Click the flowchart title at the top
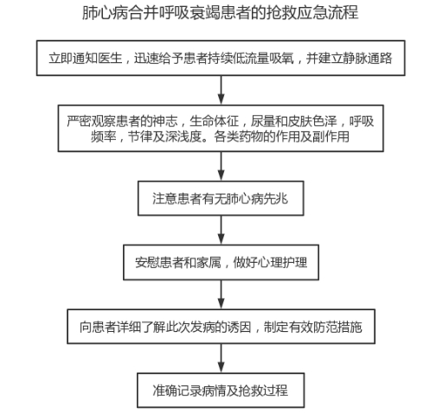pos(221,13)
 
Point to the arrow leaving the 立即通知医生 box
pos(221,90)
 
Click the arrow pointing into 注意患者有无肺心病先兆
pos(221,166)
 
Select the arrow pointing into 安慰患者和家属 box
pos(221,230)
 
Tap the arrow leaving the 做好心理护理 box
pos(221,295)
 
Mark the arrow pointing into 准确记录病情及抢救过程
pos(221,359)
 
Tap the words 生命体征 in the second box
pos(214,121)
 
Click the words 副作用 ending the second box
pos(331,137)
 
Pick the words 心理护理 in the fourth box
pos(282,263)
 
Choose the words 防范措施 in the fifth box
pos(337,327)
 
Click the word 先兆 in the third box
pos(276,199)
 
